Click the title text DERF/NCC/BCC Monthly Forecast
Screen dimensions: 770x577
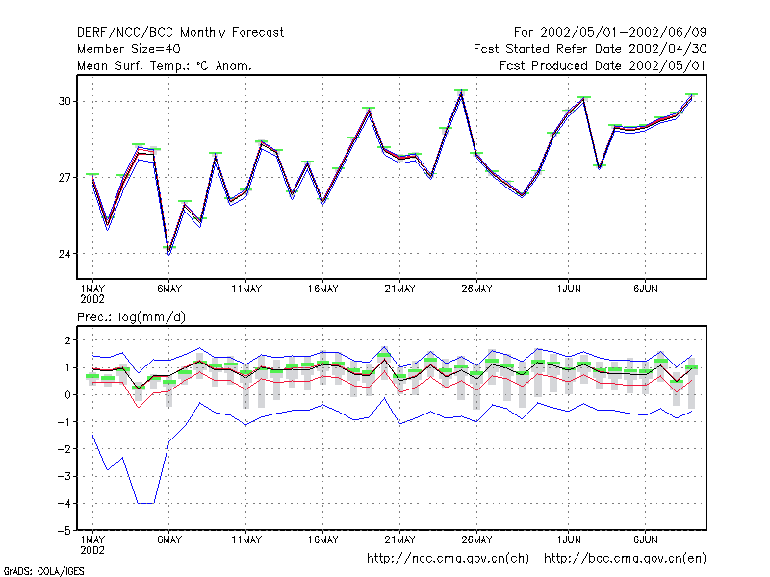pyautogui.click(x=180, y=33)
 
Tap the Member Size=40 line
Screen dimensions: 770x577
pyautogui.click(x=129, y=49)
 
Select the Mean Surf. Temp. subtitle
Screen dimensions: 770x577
pyautogui.click(x=165, y=65)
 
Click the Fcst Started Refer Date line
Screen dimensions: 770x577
pyautogui.click(x=590, y=49)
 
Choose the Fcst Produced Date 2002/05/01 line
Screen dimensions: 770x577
pyautogui.click(x=603, y=65)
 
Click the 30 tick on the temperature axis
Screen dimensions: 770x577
pyautogui.click(x=64, y=101)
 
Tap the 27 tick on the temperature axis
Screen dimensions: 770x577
pyautogui.click(x=64, y=177)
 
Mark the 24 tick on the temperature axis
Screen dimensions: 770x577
pyautogui.click(x=64, y=254)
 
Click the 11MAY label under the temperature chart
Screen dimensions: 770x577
pyautogui.click(x=246, y=289)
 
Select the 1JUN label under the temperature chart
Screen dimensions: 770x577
pyautogui.click(x=569, y=289)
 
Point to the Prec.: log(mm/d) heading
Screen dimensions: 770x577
pyautogui.click(x=131, y=317)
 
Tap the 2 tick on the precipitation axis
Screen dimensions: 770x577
pyautogui.click(x=67, y=340)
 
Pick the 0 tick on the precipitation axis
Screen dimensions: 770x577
pyautogui.click(x=67, y=394)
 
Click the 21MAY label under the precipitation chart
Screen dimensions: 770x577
pyautogui.click(x=399, y=539)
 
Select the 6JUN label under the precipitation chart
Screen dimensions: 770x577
pyautogui.click(x=645, y=539)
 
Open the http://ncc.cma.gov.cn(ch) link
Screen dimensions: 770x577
pyautogui.click(x=448, y=559)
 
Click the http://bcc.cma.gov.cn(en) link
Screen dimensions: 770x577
pyautogui.click(x=625, y=559)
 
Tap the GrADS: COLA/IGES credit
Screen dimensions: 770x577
pyautogui.click(x=44, y=571)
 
